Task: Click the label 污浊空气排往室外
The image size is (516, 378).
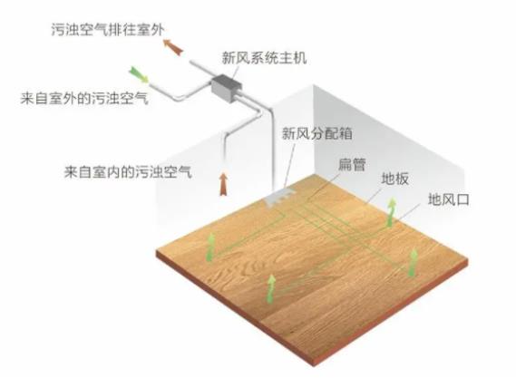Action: click(x=108, y=30)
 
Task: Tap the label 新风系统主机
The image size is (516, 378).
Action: click(x=264, y=58)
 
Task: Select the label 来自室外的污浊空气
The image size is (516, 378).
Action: click(x=84, y=98)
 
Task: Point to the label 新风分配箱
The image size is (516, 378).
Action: click(x=317, y=133)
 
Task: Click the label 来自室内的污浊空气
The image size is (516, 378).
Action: click(x=128, y=171)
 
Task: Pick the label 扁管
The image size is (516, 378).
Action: click(x=352, y=164)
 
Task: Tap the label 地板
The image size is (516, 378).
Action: click(x=394, y=179)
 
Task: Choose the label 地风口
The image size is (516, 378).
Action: click(x=449, y=199)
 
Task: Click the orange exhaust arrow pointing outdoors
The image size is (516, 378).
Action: click(x=173, y=47)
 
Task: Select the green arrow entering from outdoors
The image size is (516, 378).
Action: click(x=139, y=74)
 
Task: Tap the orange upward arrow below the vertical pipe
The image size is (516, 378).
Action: click(x=223, y=184)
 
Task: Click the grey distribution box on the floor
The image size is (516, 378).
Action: click(x=279, y=197)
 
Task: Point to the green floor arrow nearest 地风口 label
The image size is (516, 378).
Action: click(x=391, y=212)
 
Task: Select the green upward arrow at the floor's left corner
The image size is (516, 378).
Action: click(x=211, y=247)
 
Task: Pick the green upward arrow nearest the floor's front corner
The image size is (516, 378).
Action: click(x=271, y=289)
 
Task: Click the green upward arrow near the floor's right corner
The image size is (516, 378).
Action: click(x=413, y=262)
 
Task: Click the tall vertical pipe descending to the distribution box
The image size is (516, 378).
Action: click(x=272, y=148)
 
